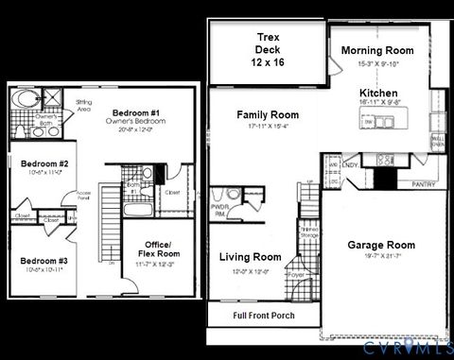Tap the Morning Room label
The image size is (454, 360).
pyautogui.click(x=377, y=50)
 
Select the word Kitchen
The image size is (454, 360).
pyautogui.click(x=377, y=94)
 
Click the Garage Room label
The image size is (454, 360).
pyautogui.click(x=381, y=245)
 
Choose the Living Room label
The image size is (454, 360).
pyautogui.click(x=251, y=257)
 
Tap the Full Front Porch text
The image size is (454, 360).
pyautogui.click(x=270, y=313)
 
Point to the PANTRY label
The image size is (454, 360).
pyautogui.click(x=424, y=185)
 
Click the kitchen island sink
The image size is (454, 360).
pyautogui.click(x=374, y=122)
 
